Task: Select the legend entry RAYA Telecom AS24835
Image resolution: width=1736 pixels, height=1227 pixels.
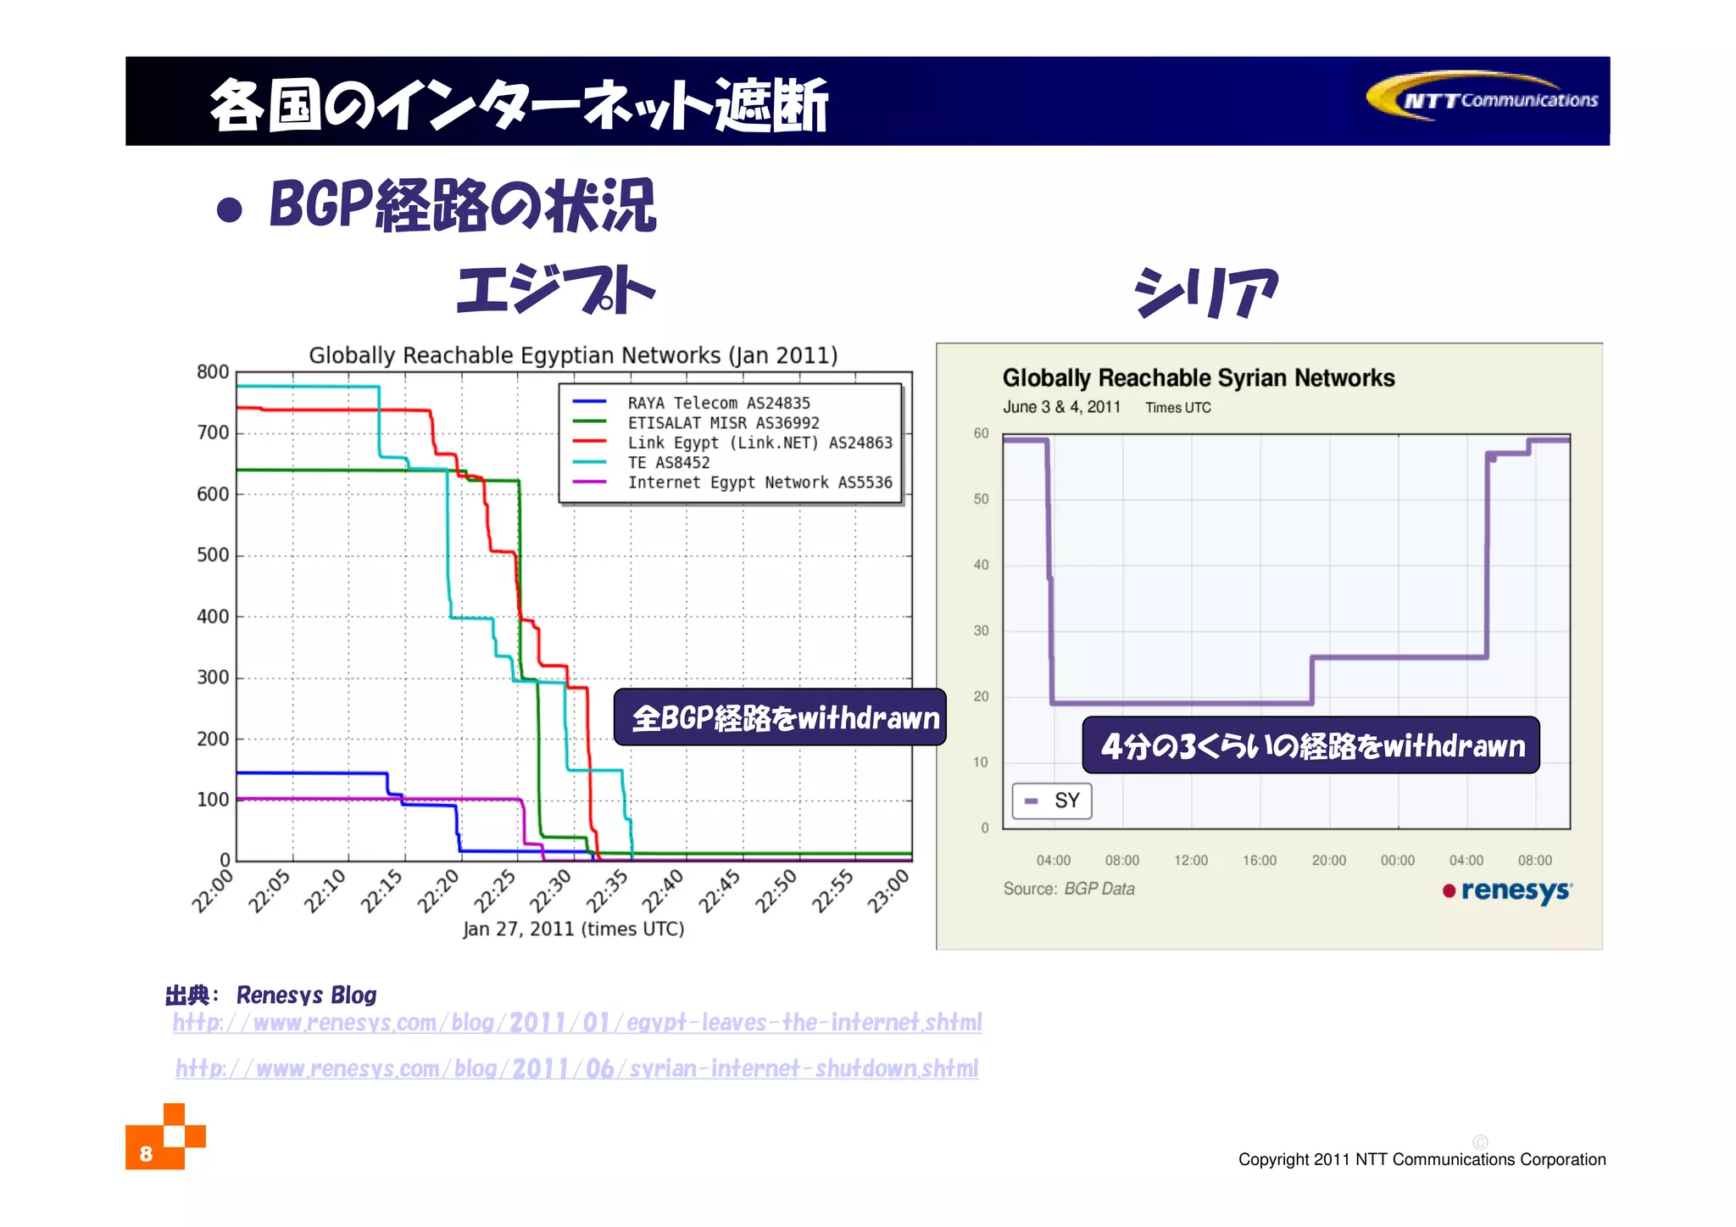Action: [x=718, y=403]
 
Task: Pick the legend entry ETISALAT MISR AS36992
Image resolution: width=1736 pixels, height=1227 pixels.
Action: [x=723, y=422]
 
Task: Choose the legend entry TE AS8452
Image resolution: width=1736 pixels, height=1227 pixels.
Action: [x=668, y=462]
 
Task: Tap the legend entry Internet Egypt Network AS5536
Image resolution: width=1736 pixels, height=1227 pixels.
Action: [x=759, y=482]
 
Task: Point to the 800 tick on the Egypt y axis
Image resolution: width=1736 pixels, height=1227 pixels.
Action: [x=213, y=372]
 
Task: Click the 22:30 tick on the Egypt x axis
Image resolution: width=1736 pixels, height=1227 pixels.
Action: [x=552, y=890]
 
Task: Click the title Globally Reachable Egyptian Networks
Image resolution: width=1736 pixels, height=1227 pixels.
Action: [x=573, y=355]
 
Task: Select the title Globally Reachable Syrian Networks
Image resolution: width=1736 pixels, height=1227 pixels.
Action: [x=1198, y=378]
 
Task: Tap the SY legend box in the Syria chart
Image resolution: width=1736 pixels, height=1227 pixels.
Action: [x=1052, y=800]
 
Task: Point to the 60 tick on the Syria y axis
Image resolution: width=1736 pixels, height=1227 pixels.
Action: [x=981, y=433]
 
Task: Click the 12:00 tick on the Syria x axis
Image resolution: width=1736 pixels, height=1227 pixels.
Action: [x=1190, y=861]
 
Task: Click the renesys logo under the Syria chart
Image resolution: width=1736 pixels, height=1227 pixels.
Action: [x=1508, y=891]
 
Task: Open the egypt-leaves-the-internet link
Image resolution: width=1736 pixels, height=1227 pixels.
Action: [x=577, y=1023]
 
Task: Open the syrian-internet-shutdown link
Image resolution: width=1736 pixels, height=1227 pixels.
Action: [x=576, y=1068]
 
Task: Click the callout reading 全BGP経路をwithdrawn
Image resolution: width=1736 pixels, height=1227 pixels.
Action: [x=780, y=718]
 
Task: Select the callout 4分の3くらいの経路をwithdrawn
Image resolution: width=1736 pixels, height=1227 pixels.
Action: [x=1310, y=745]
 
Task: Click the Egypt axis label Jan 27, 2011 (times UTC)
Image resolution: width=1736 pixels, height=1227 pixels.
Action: [x=573, y=929]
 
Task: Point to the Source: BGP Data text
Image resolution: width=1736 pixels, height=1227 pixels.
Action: [x=1068, y=889]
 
